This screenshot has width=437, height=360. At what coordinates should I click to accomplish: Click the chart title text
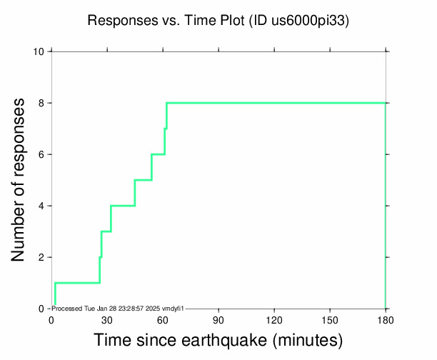(218, 21)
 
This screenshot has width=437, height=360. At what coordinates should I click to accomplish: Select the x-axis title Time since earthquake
(218, 339)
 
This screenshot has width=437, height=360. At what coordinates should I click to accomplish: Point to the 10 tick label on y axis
(40, 51)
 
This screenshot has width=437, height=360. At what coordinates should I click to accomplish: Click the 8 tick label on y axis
(43, 103)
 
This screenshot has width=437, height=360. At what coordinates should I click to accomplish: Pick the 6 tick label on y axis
(43, 154)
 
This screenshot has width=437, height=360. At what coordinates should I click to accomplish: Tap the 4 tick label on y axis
(43, 206)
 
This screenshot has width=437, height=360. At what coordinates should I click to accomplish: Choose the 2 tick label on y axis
(43, 257)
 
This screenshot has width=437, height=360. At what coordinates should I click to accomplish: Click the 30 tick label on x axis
(107, 319)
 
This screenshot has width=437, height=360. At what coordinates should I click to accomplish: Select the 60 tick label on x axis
(163, 319)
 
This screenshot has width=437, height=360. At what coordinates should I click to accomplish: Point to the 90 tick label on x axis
(218, 319)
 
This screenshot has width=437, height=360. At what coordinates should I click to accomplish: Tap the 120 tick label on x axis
(274, 319)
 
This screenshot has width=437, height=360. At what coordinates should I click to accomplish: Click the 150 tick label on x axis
(330, 319)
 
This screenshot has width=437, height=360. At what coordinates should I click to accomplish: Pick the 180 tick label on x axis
(386, 319)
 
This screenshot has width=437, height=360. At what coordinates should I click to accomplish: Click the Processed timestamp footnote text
(119, 308)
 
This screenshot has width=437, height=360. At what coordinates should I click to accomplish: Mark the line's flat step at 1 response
(77, 283)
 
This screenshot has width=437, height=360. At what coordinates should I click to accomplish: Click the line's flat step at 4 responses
(123, 206)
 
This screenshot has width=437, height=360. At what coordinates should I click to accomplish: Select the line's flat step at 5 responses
(143, 180)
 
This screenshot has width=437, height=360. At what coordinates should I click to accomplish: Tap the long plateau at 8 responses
(276, 103)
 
